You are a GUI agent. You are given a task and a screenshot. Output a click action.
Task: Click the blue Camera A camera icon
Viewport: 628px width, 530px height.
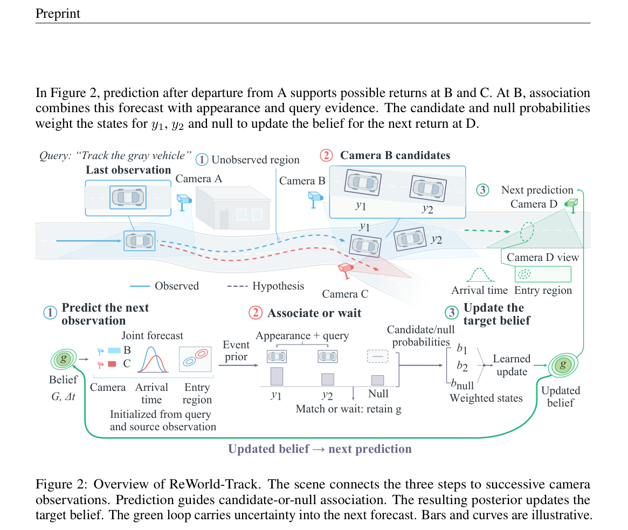click(x=184, y=201)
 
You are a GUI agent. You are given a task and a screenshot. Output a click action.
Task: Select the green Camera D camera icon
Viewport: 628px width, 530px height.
click(x=571, y=205)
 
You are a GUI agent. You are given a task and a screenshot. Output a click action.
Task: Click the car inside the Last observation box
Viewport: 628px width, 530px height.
click(x=128, y=197)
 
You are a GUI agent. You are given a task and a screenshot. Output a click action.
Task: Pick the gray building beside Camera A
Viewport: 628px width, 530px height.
click(x=233, y=208)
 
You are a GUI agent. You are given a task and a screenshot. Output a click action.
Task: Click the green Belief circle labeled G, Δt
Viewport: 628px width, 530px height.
click(x=63, y=359)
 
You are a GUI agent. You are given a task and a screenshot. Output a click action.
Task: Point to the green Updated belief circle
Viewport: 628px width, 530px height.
click(x=563, y=365)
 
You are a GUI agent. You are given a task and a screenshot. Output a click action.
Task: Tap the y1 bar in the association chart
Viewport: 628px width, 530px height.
click(x=277, y=376)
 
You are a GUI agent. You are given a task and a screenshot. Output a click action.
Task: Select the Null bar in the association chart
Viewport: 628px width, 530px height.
click(x=378, y=380)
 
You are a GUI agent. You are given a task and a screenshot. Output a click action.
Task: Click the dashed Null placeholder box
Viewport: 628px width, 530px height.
click(x=378, y=356)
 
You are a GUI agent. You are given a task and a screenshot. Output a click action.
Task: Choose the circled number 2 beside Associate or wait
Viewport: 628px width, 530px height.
click(x=256, y=313)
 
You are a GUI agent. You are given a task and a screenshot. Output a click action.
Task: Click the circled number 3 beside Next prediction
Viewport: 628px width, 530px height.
click(x=482, y=190)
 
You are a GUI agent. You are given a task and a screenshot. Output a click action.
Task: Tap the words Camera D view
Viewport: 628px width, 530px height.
click(x=543, y=257)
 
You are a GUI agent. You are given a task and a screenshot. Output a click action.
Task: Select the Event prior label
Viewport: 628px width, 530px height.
click(x=236, y=350)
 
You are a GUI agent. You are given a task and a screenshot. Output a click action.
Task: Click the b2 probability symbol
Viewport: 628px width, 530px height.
click(x=462, y=366)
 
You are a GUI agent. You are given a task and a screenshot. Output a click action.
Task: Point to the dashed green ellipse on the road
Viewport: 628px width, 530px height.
click(x=527, y=232)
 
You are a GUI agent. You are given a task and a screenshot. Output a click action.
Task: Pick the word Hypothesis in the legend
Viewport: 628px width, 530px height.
click(x=278, y=286)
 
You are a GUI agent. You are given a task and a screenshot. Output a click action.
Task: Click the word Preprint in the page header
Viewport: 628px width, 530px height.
click(x=58, y=13)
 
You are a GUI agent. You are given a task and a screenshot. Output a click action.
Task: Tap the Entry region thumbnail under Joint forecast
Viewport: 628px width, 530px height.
click(x=195, y=359)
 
